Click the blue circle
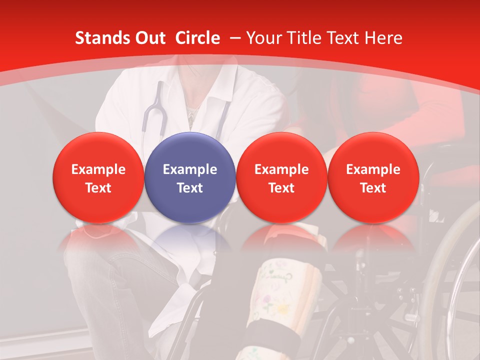click(x=190, y=177)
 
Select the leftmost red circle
click(x=98, y=177)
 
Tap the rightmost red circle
click(x=373, y=177)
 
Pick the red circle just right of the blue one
click(x=281, y=177)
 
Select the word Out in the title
click(x=148, y=38)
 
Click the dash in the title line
click(x=234, y=38)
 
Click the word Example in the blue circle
click(x=190, y=169)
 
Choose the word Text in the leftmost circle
click(x=98, y=188)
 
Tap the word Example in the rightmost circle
click(x=373, y=169)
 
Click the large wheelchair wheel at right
click(x=452, y=280)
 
